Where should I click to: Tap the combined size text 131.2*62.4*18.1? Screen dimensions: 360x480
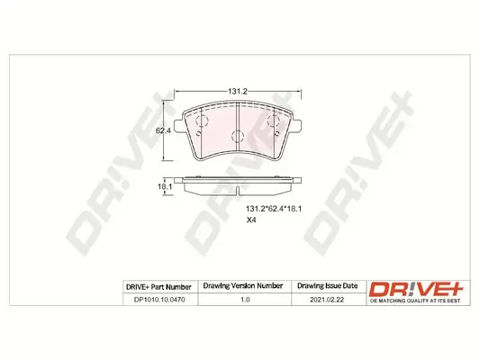[275, 208]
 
